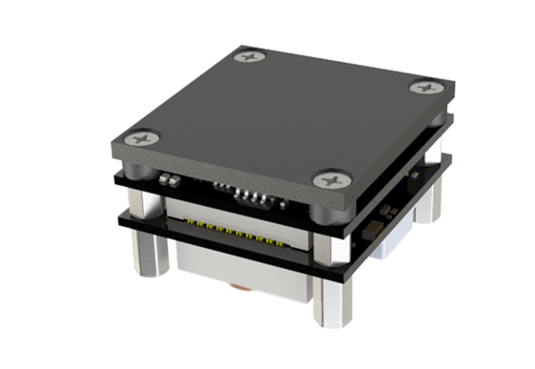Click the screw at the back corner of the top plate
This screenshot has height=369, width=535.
tap(255, 59)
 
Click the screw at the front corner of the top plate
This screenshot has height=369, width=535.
tap(330, 178)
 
